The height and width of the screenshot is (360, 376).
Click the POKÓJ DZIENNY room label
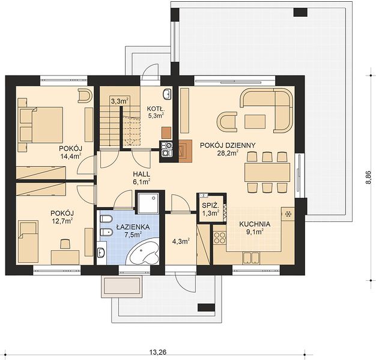228,145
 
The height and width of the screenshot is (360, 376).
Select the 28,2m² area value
228,153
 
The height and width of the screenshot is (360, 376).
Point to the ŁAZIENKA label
133,227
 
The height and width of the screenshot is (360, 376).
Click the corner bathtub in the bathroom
144,253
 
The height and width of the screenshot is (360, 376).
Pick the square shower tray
148,203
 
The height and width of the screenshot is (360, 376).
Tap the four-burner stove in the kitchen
220,238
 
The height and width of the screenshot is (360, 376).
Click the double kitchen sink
251,258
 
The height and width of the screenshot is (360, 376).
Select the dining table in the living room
267,172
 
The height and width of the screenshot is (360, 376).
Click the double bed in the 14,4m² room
41,124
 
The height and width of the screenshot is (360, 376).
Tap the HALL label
142,174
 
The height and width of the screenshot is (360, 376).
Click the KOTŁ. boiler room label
156,109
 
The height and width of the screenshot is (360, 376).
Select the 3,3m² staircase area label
120,101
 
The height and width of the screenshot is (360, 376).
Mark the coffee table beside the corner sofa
255,122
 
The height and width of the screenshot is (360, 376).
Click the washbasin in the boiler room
167,94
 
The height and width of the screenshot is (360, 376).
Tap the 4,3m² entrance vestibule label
181,241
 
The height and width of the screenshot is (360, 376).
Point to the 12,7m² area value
62,221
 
